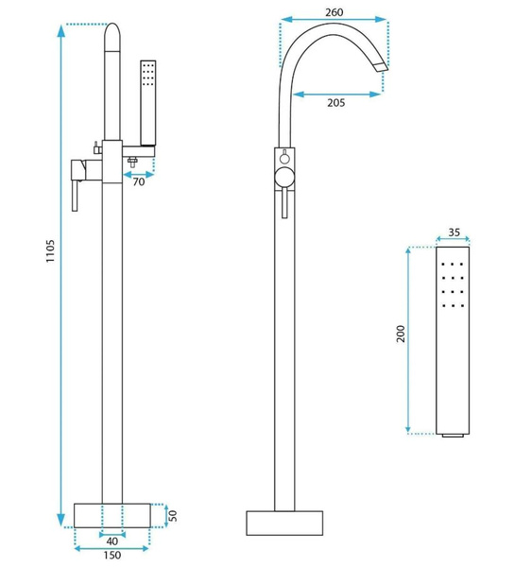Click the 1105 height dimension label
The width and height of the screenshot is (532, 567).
click(50, 250)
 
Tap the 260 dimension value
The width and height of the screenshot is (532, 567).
click(334, 12)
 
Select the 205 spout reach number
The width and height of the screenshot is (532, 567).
click(336, 103)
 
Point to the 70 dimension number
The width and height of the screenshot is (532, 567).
click(139, 181)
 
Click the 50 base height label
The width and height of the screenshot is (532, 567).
click(173, 515)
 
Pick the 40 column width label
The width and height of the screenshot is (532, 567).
click(112, 541)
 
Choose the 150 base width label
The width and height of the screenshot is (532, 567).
click(112, 555)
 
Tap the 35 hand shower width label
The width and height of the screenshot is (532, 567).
click(454, 232)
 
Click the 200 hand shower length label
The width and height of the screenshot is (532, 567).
click(401, 334)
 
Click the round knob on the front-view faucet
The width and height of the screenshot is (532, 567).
click(284, 179)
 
